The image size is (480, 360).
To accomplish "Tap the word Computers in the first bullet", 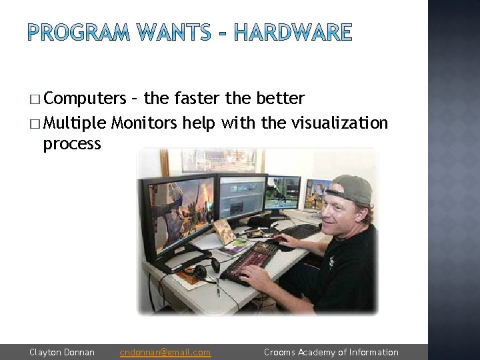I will click(85, 99).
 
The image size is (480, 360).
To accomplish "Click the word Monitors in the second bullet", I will click(144, 123).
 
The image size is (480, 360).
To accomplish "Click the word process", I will click(72, 143).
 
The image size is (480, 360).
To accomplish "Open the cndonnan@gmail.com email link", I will click(165, 352).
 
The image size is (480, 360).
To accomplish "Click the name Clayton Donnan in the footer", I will click(62, 352).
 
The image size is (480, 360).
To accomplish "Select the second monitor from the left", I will click(242, 195).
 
